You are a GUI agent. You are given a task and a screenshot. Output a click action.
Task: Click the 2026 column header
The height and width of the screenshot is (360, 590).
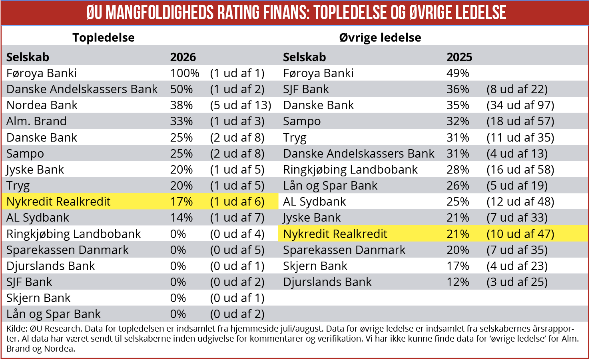point(183,57)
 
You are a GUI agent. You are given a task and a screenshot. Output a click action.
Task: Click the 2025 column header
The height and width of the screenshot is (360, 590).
point(459,57)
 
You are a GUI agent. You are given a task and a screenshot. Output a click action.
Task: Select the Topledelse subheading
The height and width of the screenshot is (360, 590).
point(104,38)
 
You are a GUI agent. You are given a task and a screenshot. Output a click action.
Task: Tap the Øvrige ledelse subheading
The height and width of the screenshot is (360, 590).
point(380,38)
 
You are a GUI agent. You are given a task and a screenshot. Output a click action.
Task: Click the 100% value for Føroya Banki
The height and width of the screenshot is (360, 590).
point(185,73)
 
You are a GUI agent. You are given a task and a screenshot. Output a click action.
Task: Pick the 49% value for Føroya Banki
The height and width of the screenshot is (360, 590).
point(458,73)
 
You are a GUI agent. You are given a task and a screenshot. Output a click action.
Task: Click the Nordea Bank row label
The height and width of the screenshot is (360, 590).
point(42,105)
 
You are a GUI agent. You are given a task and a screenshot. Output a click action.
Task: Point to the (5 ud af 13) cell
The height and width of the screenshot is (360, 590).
point(241,106)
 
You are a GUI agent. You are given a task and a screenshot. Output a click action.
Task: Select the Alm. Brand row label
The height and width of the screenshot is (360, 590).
point(36,121)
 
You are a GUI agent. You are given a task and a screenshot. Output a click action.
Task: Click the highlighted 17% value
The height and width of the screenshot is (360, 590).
point(181,202)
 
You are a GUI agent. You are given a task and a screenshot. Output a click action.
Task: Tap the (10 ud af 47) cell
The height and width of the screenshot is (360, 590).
point(520,234)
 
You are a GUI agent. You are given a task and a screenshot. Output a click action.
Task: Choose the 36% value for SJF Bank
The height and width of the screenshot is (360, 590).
point(458,89)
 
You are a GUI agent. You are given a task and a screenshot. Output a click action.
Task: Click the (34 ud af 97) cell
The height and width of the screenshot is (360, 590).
point(520,106)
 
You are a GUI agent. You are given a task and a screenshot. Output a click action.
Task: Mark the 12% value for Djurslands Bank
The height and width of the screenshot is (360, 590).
point(458,282)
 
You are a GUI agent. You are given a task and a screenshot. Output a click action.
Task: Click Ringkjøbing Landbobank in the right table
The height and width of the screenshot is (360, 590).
point(350,170)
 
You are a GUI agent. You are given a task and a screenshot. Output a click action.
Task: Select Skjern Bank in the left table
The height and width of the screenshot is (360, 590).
point(38,298)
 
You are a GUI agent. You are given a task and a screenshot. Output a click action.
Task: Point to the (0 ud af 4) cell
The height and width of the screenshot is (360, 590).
point(237,234)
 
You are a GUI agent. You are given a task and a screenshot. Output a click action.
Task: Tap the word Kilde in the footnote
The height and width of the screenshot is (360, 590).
point(16,329)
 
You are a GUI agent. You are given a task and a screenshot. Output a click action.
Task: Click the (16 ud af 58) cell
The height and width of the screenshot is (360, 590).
point(520,170)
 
